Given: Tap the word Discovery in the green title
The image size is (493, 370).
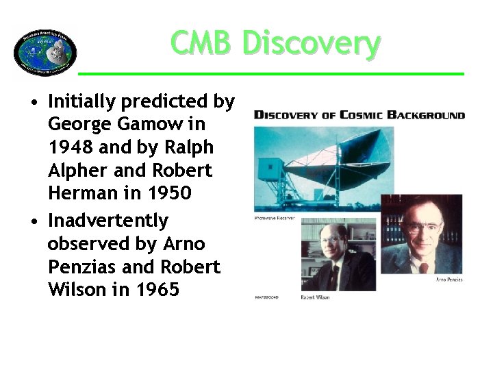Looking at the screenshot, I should coord(310,43).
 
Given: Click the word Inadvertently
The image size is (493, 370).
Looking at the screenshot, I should coord(108,221).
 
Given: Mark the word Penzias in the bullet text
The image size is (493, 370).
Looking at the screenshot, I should coord(81,267).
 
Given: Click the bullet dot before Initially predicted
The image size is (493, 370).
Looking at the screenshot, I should coord(33,103).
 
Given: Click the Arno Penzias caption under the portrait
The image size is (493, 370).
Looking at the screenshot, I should coord(448,280).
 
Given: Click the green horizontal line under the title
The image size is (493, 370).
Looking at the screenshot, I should coord(270,73).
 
